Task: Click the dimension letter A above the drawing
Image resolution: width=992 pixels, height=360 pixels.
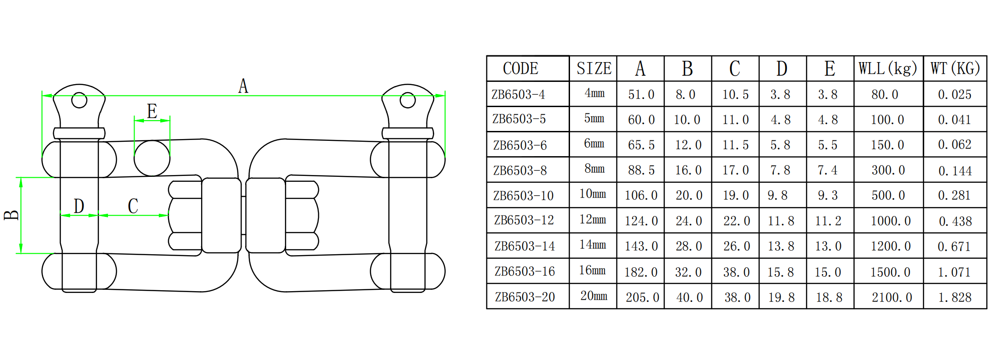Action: click(243, 85)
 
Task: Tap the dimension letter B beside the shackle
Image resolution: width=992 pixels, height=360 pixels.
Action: click(11, 215)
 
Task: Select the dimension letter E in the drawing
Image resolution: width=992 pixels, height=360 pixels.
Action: click(152, 111)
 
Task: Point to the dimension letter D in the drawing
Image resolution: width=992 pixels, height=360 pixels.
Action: click(79, 206)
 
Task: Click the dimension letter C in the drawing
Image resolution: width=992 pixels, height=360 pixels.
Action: click(133, 206)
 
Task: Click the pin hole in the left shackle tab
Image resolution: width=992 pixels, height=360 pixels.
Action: click(79, 100)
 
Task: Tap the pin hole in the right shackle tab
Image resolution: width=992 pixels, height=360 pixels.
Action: click(408, 100)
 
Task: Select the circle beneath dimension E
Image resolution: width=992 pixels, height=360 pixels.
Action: click(152, 158)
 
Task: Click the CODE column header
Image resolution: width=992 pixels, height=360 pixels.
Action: click(521, 68)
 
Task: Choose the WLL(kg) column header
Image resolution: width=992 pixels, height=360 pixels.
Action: click(888, 68)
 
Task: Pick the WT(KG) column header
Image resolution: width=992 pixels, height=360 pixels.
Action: click(955, 68)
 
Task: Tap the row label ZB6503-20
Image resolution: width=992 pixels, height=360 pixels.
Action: click(525, 297)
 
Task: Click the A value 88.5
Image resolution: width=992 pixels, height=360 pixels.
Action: click(642, 170)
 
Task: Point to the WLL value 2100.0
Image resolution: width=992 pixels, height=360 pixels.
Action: click(892, 297)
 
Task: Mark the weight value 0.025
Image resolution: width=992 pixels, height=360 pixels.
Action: click(955, 94)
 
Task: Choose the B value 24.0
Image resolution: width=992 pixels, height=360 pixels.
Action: click(689, 221)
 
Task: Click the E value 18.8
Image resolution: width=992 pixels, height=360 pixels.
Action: click(829, 297)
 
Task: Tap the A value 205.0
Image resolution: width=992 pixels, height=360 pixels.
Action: click(642, 297)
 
